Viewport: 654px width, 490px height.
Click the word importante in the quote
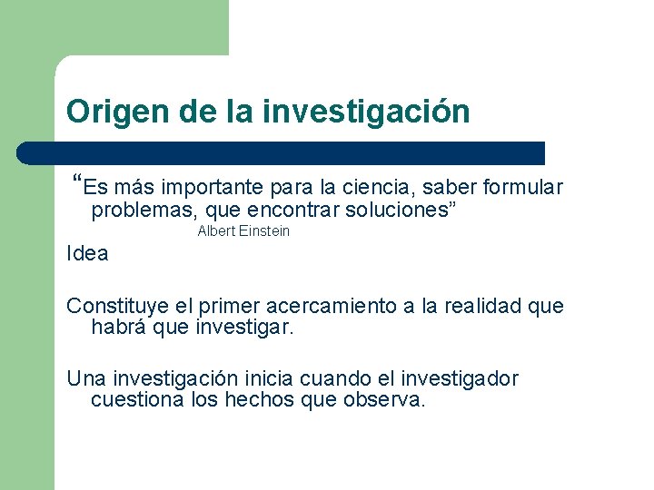click(x=213, y=188)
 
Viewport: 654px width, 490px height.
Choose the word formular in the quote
click(x=523, y=188)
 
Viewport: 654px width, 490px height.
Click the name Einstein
click(x=265, y=231)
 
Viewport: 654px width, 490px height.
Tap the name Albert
click(x=216, y=231)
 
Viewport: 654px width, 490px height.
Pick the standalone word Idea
click(x=87, y=254)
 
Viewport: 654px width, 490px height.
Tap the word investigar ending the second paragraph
click(x=244, y=328)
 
